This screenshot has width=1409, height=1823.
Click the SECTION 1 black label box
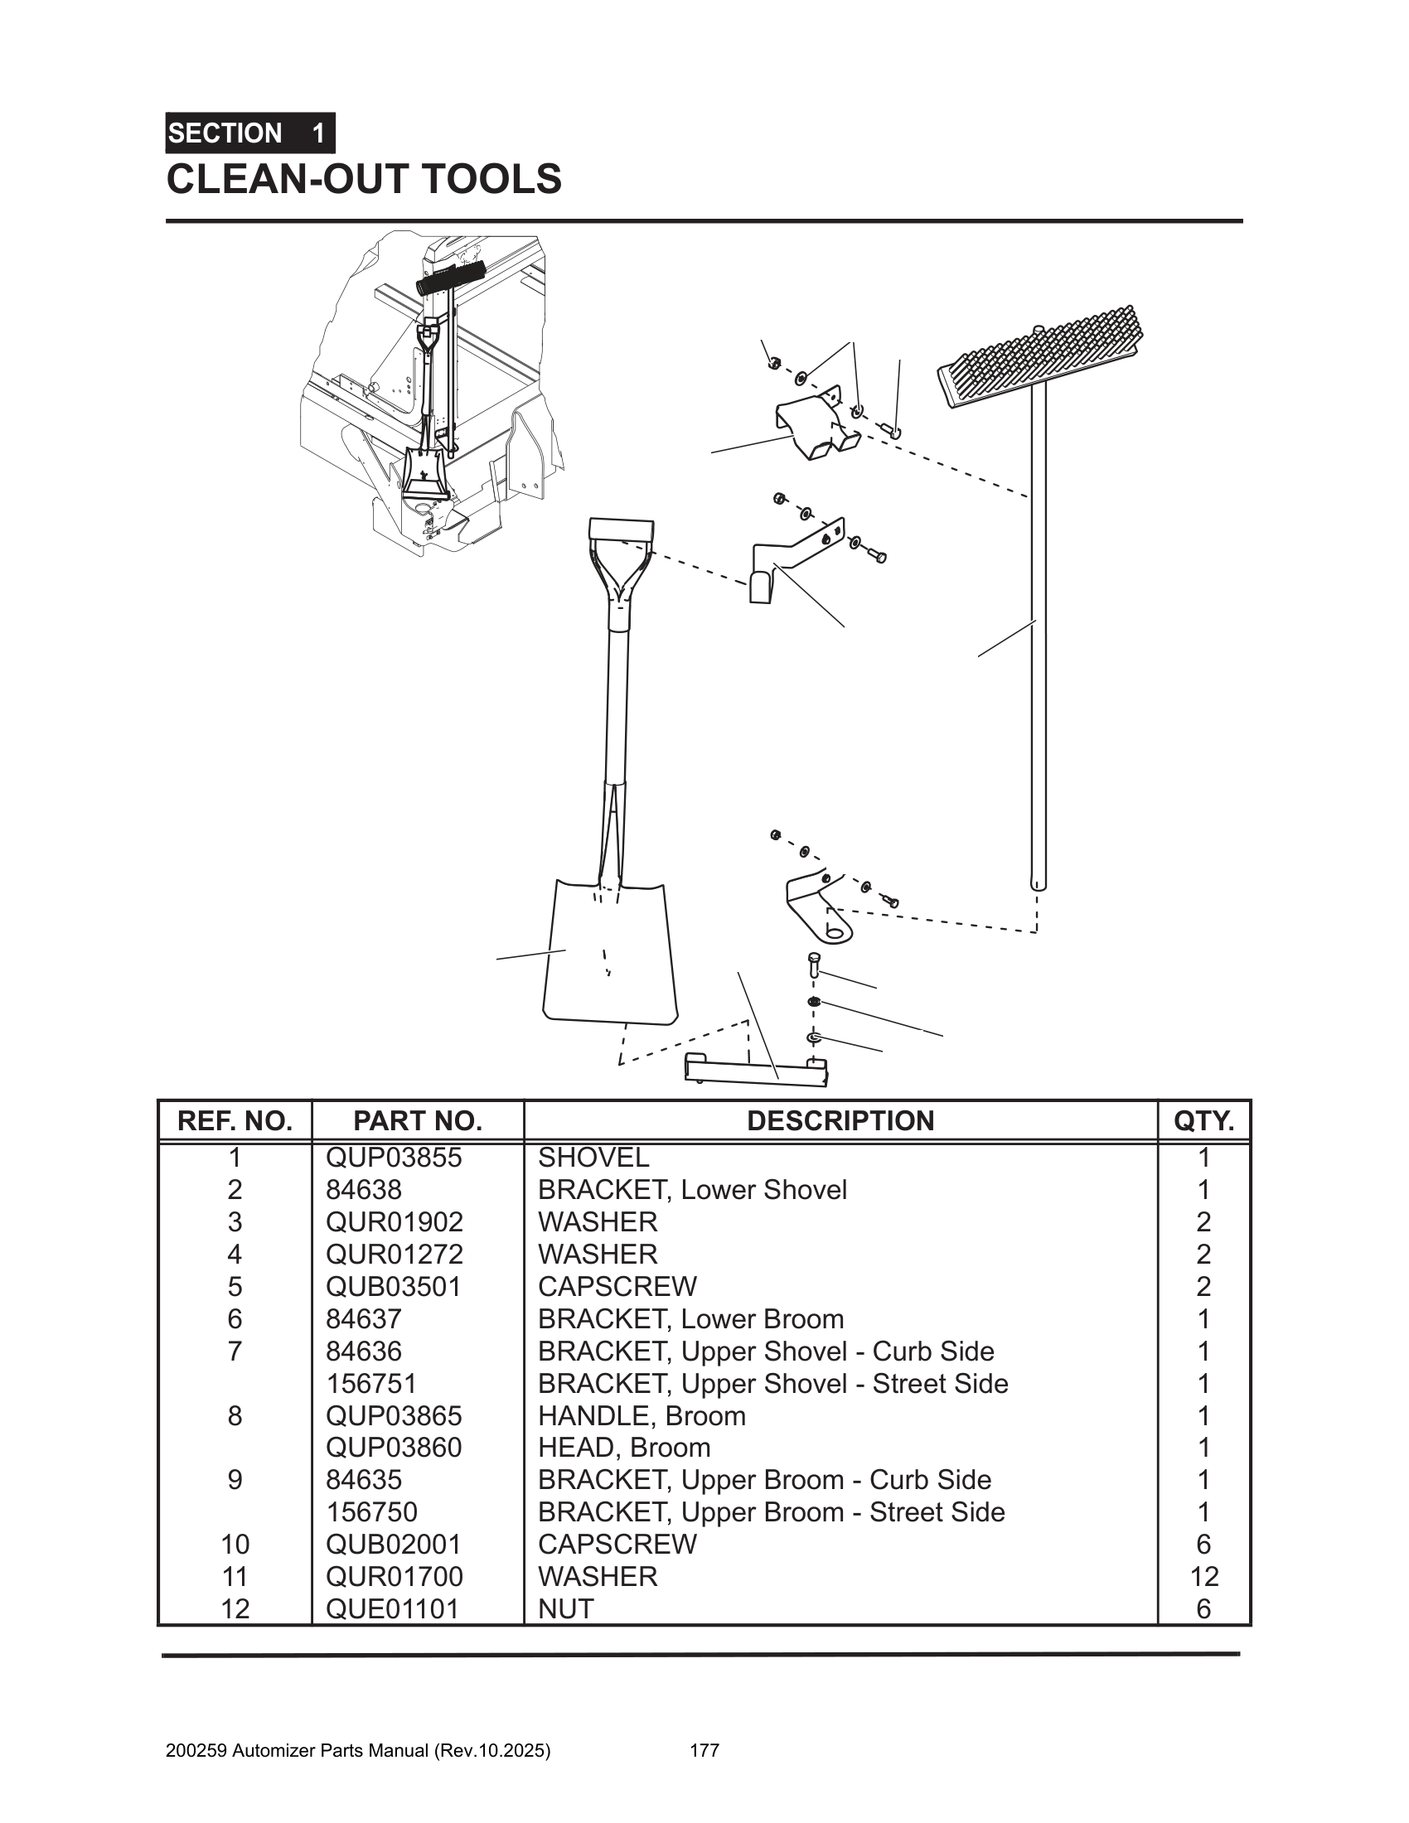[249, 133]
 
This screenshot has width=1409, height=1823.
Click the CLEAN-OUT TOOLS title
[364, 180]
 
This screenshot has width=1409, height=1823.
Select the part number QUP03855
[393, 1158]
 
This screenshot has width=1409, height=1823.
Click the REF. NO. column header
[235, 1120]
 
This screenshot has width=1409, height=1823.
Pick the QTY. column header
[1203, 1120]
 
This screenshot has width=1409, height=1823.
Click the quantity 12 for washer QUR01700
[1203, 1576]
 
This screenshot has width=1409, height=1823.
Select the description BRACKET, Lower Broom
[690, 1319]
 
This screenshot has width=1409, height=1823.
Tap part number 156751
[371, 1383]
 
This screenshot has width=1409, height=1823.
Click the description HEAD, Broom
[623, 1447]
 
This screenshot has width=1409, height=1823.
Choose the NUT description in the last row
[566, 1608]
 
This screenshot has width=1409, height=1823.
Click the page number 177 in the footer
[704, 1750]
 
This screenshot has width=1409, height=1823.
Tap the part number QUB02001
[393, 1544]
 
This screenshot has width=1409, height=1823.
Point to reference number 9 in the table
[235, 1479]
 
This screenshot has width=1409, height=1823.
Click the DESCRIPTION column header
[840, 1120]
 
